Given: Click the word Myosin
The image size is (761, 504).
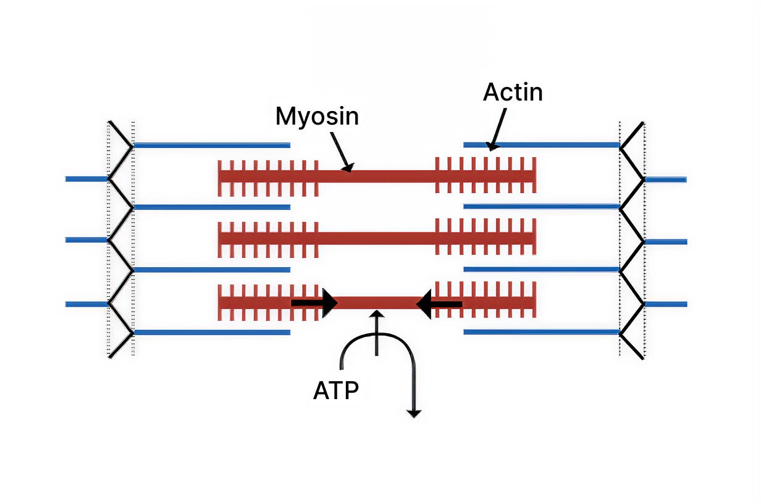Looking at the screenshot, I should [317, 116].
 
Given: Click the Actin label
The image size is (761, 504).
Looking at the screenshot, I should [513, 93].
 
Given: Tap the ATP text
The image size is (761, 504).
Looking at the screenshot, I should [336, 390].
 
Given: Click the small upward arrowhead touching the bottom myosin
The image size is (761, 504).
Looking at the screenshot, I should [377, 315].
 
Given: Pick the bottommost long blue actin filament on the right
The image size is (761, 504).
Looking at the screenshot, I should [541, 332].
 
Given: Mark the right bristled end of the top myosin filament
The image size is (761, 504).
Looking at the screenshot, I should [485, 175].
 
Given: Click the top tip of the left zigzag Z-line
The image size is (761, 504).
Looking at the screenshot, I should [110, 122].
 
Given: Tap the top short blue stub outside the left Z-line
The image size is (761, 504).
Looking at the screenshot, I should [86, 179].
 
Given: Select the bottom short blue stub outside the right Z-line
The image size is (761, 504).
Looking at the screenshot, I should [666, 304].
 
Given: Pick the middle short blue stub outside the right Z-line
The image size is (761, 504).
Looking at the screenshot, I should [666, 242].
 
